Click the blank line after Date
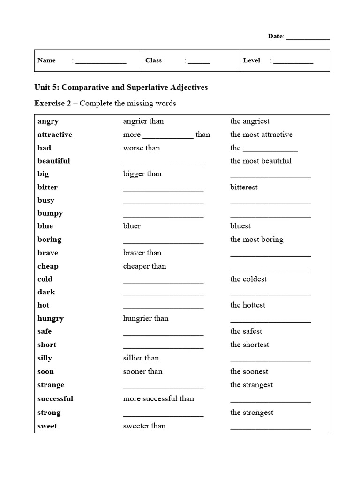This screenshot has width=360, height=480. coord(307,37)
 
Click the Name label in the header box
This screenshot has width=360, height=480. coord(46,60)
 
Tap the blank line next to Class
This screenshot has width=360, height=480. coord(199,61)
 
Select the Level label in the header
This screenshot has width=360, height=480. coord(252,60)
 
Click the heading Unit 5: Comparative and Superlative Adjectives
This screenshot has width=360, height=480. coord(121,87)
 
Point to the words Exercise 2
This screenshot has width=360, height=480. coord(52,103)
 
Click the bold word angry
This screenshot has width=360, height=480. coord(48,121)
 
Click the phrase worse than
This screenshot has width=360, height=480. coord(142,148)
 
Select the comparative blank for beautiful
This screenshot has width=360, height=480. coord(163,163)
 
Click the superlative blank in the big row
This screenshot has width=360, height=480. coord(270,176)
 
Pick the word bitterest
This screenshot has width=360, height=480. coord(244,187)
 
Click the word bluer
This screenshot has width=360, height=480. coord(132,226)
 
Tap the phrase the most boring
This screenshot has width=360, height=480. coord(257,239)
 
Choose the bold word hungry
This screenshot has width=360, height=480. coord(51,319)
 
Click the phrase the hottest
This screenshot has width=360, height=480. coord(247,305)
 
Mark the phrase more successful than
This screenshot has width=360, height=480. coord(158,398)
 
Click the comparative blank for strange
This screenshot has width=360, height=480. coord(163,387)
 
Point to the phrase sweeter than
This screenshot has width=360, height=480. coord(144,426)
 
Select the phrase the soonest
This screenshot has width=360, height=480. coord(249,371)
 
